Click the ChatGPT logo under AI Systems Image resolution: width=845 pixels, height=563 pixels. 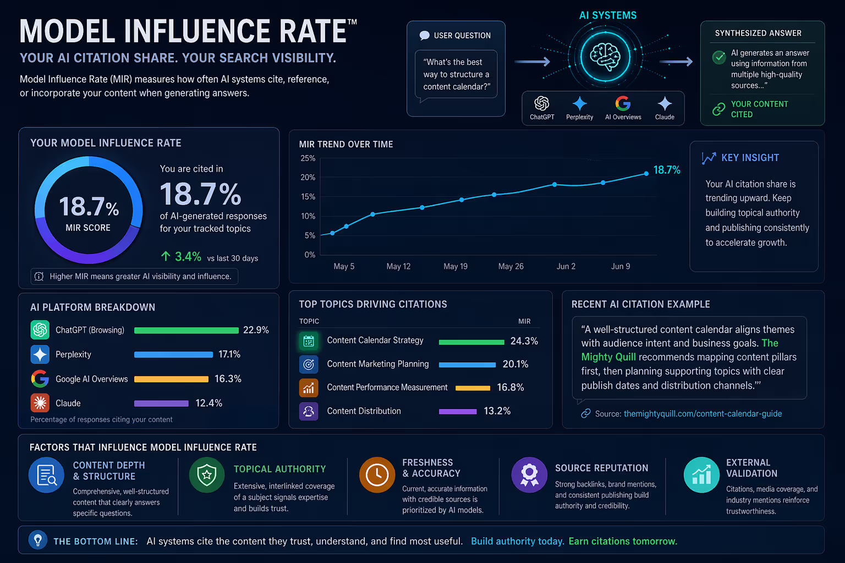pyautogui.click(x=542, y=103)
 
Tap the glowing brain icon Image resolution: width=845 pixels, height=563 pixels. pyautogui.click(x=605, y=56)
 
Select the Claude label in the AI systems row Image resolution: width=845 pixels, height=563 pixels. pyautogui.click(x=665, y=117)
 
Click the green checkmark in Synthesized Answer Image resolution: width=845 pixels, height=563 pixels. pyautogui.click(x=718, y=57)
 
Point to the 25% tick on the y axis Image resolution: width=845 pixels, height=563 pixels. pyautogui.click(x=308, y=158)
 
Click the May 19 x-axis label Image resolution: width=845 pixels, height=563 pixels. pyautogui.click(x=456, y=266)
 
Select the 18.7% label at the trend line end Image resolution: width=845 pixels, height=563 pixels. pyautogui.click(x=667, y=170)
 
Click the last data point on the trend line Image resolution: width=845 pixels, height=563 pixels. pyautogui.click(x=646, y=174)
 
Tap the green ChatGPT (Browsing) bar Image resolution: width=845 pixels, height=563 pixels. pyautogui.click(x=186, y=330)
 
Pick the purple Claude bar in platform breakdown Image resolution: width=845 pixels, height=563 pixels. pyautogui.click(x=161, y=404)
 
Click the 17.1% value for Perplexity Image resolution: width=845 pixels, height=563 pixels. pyautogui.click(x=229, y=355)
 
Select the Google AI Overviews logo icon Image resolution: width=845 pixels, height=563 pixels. pyautogui.click(x=40, y=379)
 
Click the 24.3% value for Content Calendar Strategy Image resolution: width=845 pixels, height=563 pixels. pyautogui.click(x=524, y=341)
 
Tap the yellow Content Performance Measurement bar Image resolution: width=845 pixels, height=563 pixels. pyautogui.click(x=473, y=388)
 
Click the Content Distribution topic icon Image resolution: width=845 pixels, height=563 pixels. pyautogui.click(x=309, y=411)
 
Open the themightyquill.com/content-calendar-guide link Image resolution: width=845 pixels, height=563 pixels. pyautogui.click(x=703, y=413)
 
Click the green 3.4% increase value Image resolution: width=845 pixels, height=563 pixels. pyautogui.click(x=188, y=257)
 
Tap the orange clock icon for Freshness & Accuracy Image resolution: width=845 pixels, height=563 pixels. pyautogui.click(x=377, y=474)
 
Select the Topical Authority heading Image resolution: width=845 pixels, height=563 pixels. pyautogui.click(x=279, y=469)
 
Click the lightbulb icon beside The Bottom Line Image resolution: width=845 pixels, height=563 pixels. pyautogui.click(x=38, y=540)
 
